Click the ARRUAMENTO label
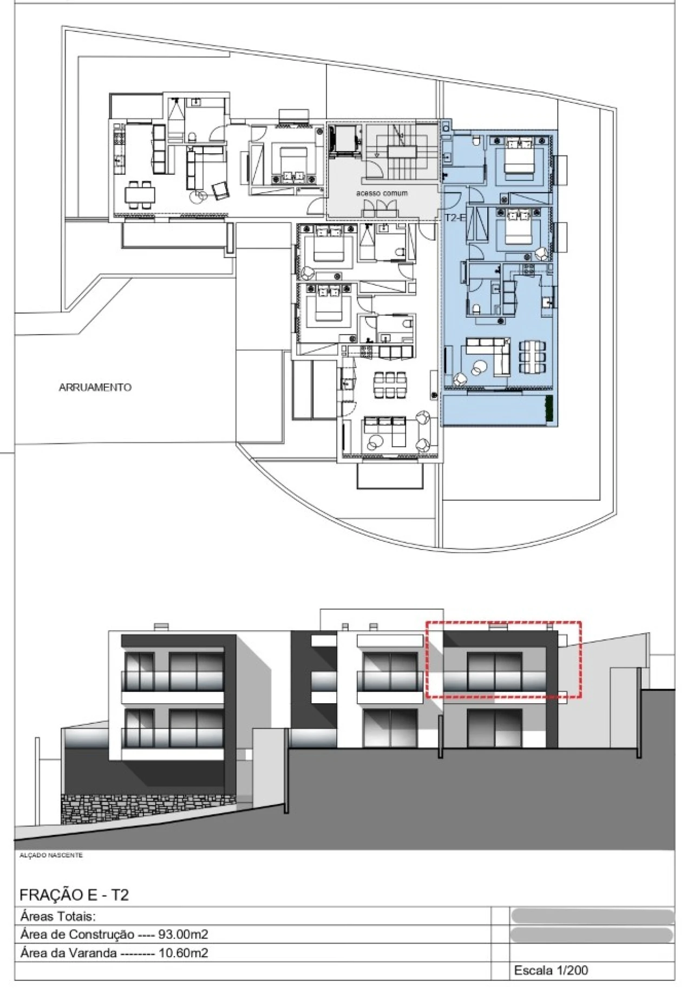click(95, 387)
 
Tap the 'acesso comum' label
click(382, 193)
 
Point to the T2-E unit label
click(455, 218)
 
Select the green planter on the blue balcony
click(549, 409)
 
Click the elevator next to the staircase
click(345, 140)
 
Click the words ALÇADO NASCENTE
click(51, 855)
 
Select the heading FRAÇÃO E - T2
click(74, 895)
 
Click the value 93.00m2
click(183, 934)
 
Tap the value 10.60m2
click(183, 953)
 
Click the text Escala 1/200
click(551, 971)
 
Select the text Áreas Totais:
click(58, 917)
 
